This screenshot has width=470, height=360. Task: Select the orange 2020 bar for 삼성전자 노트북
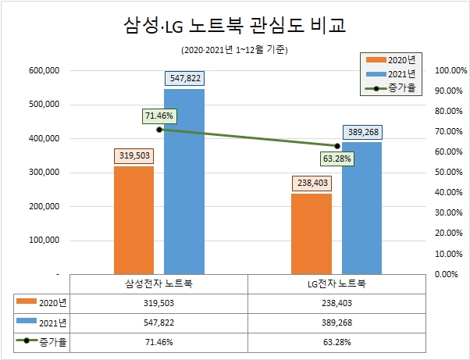(x=134, y=220)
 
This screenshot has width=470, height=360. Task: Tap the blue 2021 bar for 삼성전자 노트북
(x=184, y=182)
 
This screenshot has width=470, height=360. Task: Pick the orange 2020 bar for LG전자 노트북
(x=311, y=234)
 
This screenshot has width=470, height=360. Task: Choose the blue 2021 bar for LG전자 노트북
(x=361, y=209)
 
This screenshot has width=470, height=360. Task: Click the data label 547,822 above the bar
(x=184, y=79)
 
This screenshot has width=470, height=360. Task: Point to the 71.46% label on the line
(x=160, y=116)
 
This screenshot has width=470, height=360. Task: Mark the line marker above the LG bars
(x=336, y=146)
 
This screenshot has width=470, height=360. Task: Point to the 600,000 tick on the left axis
(x=45, y=70)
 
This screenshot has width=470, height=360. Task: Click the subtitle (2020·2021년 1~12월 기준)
(x=234, y=50)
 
